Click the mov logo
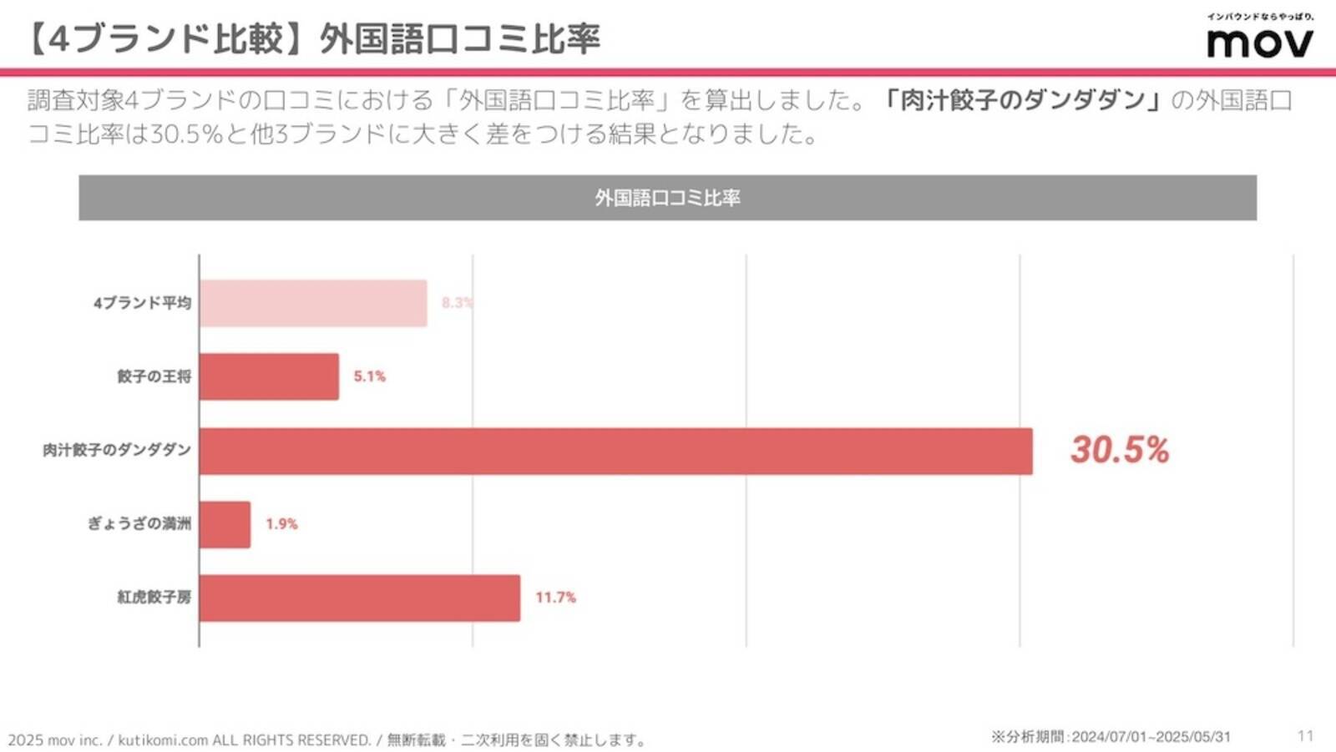point(1259,40)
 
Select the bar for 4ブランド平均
point(313,303)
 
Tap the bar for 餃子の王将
point(269,376)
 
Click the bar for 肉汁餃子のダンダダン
point(615,451)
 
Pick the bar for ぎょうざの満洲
point(225,524)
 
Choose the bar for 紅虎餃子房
point(359,598)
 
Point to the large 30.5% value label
point(1119,450)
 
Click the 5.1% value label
point(369,376)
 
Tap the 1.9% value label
point(281,524)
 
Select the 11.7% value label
point(555,598)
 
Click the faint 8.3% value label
point(457,303)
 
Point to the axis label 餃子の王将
point(154,376)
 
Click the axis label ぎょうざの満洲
point(139,524)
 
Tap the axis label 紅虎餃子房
point(154,598)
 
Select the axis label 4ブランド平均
point(142,303)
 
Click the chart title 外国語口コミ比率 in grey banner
point(667,198)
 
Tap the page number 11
point(1305,735)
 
